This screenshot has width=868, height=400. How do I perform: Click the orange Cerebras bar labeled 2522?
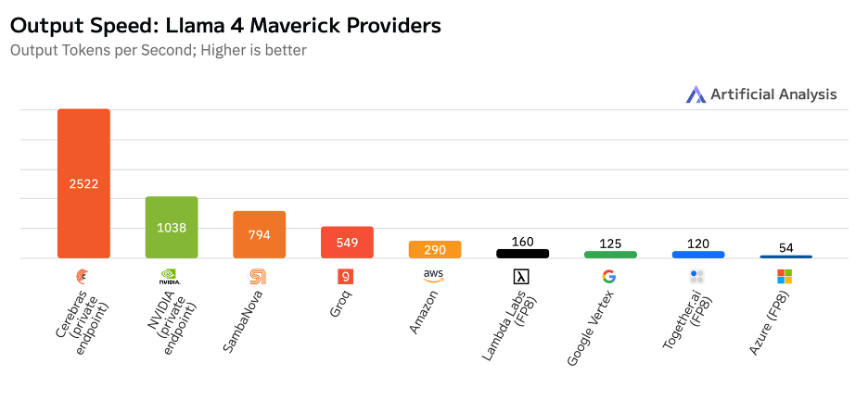point(83,183)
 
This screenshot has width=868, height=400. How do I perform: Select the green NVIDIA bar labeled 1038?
point(172,227)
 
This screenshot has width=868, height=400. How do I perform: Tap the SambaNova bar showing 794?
point(259,234)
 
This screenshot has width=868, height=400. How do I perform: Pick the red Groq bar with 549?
point(347,242)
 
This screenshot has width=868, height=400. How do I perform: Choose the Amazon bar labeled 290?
point(435,250)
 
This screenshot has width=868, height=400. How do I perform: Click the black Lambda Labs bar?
point(522,253)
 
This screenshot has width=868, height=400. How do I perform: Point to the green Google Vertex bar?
point(610,254)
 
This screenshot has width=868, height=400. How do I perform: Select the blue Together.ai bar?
point(697,254)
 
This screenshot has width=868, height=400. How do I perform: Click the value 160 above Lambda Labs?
point(522,242)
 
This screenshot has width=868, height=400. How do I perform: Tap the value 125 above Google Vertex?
point(610,243)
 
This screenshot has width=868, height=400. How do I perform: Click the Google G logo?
point(608,276)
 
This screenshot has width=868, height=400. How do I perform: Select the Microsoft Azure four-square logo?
point(785,276)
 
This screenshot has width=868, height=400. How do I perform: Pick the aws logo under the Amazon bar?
point(434,275)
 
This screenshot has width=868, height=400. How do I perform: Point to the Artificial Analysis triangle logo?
point(696,94)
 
